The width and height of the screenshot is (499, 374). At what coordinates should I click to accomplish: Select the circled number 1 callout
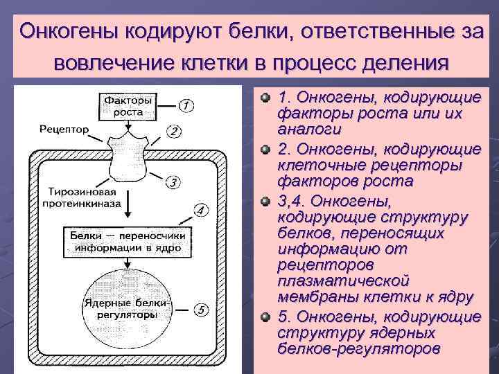tap(186, 105)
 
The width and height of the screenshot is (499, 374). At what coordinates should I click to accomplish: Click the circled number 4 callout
tap(200, 209)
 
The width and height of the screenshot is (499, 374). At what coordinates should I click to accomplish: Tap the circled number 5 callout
tap(200, 310)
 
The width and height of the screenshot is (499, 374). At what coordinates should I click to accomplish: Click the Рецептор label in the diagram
tap(64, 130)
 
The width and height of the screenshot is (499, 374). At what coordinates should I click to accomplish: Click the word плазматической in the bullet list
tap(342, 281)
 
